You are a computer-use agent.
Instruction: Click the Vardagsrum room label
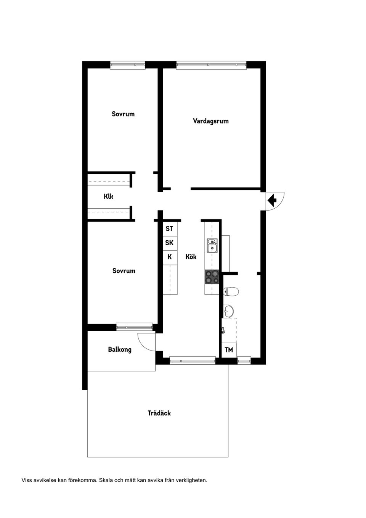click(x=210, y=121)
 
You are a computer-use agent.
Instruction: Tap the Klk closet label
click(x=108, y=196)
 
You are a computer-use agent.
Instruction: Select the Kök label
click(x=191, y=257)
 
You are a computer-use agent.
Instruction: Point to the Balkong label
click(x=120, y=349)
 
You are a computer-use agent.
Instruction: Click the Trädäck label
click(x=159, y=413)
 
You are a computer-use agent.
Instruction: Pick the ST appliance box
click(x=169, y=228)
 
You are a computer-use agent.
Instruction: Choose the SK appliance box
click(x=169, y=243)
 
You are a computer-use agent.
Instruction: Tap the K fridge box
click(x=169, y=257)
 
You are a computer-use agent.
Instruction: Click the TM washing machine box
click(x=229, y=350)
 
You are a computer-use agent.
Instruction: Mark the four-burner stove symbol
click(x=212, y=277)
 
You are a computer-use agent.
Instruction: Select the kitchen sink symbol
click(x=212, y=245)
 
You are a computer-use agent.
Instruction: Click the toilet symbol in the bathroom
click(x=231, y=292)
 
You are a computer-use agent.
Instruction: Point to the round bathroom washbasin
click(x=228, y=311)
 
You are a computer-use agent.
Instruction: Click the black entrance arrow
click(x=272, y=200)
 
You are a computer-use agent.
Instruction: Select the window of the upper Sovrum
click(x=128, y=65)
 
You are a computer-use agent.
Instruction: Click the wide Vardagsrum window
click(x=211, y=65)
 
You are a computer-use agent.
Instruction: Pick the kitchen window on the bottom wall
click(x=193, y=360)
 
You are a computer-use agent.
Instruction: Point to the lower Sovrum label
click(x=124, y=271)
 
